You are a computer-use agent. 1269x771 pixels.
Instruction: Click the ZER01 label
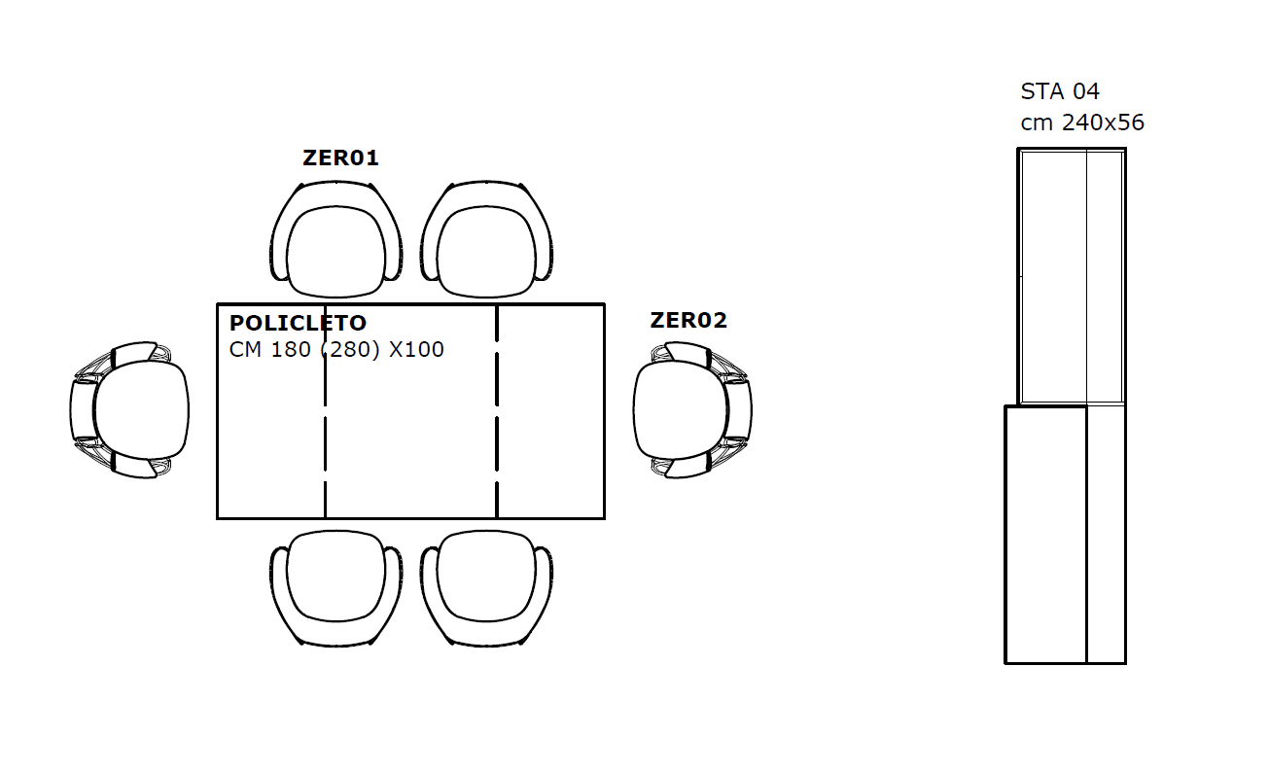coord(340,158)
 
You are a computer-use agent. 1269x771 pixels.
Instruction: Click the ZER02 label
coord(688,320)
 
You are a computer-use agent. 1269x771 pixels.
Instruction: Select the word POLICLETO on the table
coord(298,323)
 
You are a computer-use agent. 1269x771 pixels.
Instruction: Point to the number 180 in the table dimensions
coord(291,350)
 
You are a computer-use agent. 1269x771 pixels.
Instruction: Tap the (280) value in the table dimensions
coord(350,350)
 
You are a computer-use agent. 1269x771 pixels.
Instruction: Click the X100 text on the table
coord(416,350)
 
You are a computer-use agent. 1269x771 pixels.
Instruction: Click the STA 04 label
coord(1060,91)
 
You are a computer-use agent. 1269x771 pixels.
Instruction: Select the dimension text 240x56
coord(1103,123)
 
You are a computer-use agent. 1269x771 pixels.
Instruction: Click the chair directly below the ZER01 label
coord(336,239)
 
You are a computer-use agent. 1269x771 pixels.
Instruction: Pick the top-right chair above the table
coord(486,239)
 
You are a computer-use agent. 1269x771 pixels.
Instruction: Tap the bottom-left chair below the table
coord(336,588)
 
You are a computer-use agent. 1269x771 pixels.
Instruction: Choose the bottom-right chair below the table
coord(486,588)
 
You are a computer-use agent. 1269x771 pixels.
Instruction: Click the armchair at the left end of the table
coord(129,410)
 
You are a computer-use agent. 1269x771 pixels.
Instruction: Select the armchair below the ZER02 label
coord(693,410)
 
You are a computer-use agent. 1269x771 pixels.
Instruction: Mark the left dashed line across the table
coord(325,411)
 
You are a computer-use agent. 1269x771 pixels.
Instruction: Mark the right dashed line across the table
coord(497,411)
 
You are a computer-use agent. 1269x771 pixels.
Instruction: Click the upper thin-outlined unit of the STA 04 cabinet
coord(1072,276)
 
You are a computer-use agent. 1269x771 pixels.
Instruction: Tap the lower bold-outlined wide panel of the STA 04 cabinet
coord(1045,534)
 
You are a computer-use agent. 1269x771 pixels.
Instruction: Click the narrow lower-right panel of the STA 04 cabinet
coord(1106,534)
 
